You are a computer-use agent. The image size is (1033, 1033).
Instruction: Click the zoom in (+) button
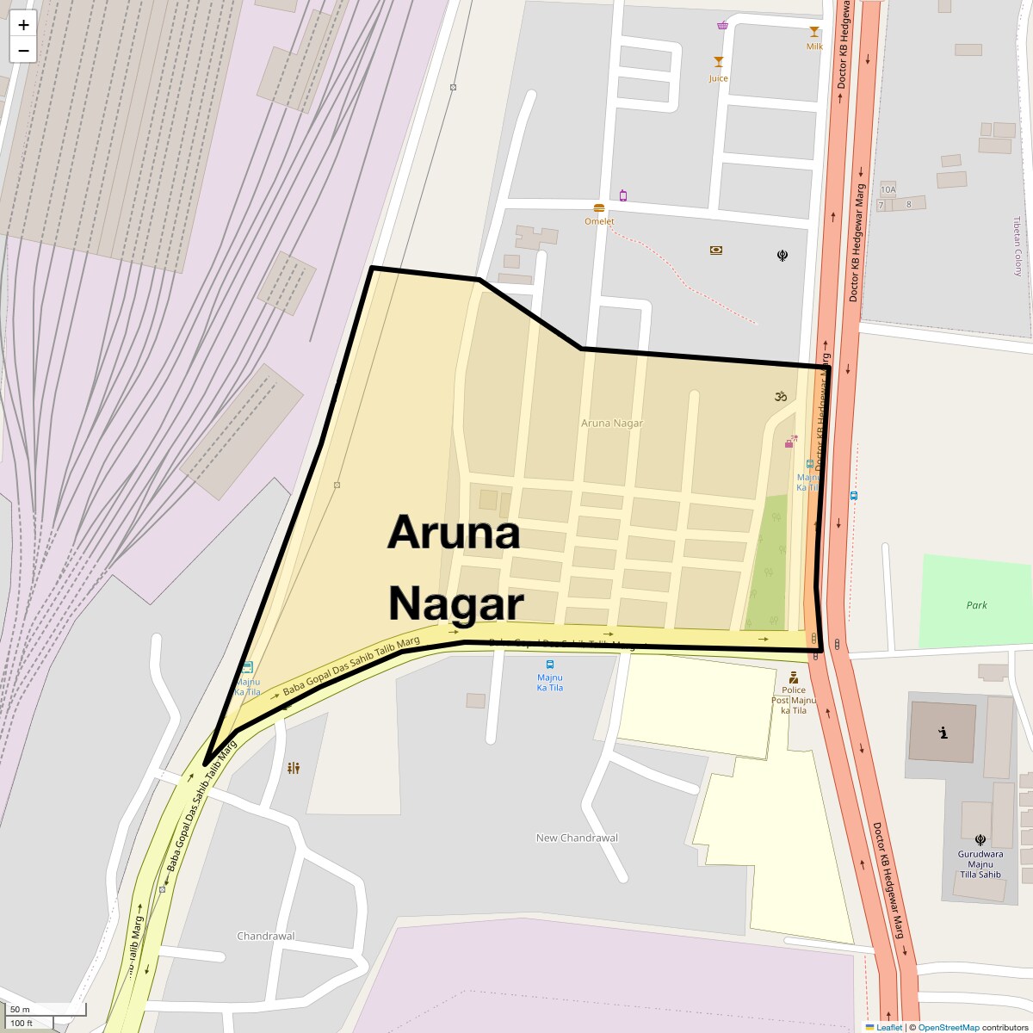[x=23, y=25]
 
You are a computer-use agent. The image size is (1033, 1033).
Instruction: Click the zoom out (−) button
[x=23, y=50]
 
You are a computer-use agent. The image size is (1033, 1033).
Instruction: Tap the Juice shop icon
[x=719, y=62]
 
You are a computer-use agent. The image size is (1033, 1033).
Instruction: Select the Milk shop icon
[x=814, y=32]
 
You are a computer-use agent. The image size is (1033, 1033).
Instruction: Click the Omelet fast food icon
[x=599, y=208]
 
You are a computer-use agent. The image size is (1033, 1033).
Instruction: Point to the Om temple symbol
[x=780, y=397]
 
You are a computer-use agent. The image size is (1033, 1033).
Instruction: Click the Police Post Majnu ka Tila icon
[x=793, y=677]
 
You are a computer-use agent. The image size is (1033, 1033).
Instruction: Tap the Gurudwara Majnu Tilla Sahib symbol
[x=980, y=840]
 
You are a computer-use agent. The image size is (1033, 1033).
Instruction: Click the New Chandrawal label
[x=577, y=838]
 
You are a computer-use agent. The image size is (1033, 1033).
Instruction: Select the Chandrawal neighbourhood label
[x=265, y=936]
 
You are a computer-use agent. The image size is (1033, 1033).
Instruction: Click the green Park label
[x=976, y=605]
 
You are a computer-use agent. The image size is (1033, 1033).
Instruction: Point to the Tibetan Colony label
[x=1018, y=246]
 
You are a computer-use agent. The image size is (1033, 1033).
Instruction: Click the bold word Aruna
[x=454, y=534]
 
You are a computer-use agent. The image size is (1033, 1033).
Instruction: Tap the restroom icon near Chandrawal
[x=294, y=768]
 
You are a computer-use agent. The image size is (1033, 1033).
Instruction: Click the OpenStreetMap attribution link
[x=948, y=1027]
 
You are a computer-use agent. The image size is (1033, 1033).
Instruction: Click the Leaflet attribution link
[x=889, y=1027]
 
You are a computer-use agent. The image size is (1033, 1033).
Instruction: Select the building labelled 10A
[x=888, y=189]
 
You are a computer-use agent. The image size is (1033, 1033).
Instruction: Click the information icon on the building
[x=943, y=733]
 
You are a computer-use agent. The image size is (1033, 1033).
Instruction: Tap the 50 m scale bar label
[x=20, y=1009]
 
